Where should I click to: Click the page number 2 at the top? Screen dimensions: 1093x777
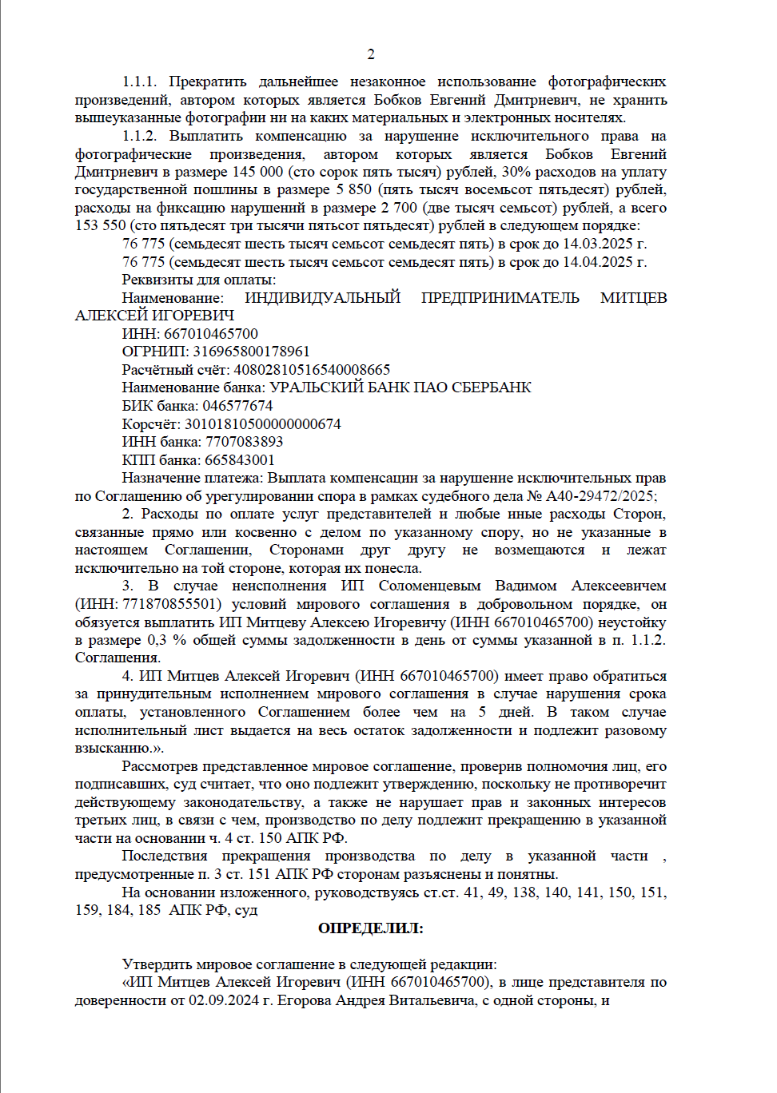[371, 54]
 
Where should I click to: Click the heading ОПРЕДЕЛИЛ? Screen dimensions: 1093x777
[371, 928]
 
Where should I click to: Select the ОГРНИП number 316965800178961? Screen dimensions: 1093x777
[251, 352]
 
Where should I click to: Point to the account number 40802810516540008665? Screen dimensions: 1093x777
[312, 370]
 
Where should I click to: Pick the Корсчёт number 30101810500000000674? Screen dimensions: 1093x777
[262, 424]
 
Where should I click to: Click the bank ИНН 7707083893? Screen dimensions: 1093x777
[244, 442]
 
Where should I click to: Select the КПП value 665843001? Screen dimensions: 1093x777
[240, 460]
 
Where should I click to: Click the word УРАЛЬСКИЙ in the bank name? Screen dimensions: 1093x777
[313, 388]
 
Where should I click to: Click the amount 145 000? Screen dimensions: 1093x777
[257, 172]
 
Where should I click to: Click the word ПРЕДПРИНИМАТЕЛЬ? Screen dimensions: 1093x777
[500, 298]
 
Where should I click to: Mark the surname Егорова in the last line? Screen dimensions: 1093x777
[304, 1000]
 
